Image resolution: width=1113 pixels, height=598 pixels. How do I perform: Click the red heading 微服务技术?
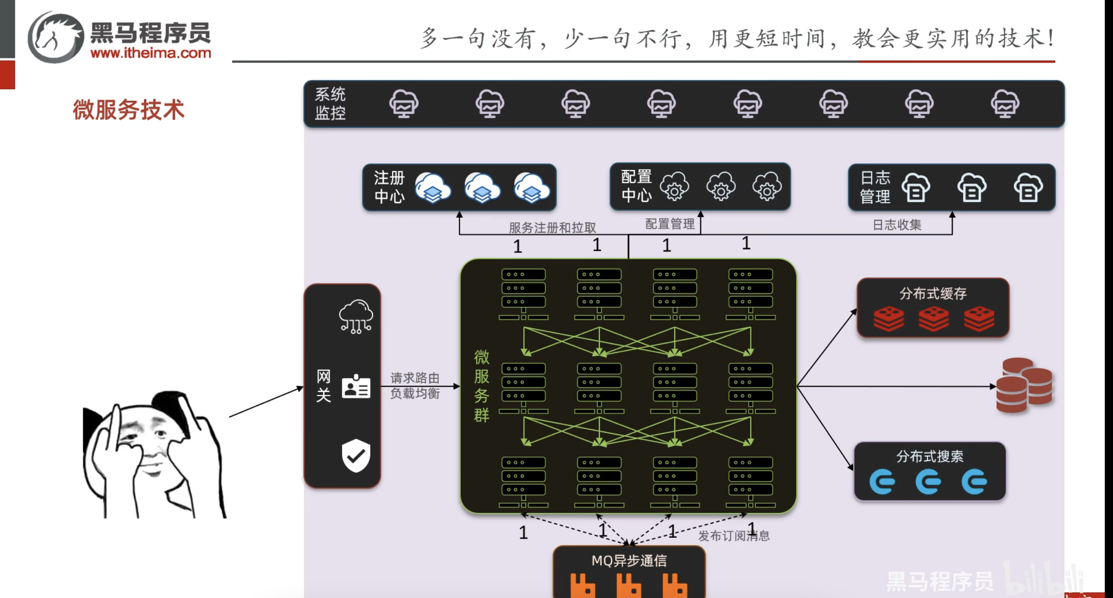tap(128, 110)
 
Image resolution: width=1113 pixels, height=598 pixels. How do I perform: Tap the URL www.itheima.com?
tap(151, 53)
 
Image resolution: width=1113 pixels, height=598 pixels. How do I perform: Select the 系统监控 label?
tap(330, 104)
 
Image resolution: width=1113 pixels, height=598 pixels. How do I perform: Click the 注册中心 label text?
tap(389, 187)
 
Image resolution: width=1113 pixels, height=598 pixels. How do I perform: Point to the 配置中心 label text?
tap(636, 186)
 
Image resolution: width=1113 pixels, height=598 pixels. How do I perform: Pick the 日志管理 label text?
tap(875, 187)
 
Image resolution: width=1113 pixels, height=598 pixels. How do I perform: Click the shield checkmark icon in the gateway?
tap(356, 456)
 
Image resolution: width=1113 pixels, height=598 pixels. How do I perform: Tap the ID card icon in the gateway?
tap(356, 387)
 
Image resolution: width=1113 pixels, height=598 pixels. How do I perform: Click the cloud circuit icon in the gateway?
tap(356, 316)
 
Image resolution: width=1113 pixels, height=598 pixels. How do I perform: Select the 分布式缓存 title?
tap(933, 294)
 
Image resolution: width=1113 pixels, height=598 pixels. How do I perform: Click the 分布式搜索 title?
tap(929, 456)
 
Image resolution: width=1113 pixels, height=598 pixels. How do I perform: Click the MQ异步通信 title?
tap(629, 561)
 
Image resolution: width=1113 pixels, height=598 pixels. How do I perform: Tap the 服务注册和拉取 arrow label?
tap(552, 227)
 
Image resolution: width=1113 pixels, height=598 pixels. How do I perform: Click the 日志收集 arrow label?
tap(897, 225)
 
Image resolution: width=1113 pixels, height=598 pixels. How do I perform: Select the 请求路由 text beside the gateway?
tap(415, 378)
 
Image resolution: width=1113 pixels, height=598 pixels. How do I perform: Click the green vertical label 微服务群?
tap(482, 386)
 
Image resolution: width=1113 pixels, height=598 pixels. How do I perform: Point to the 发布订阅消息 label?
tap(734, 535)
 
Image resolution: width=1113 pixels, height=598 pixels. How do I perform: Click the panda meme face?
tap(153, 454)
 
